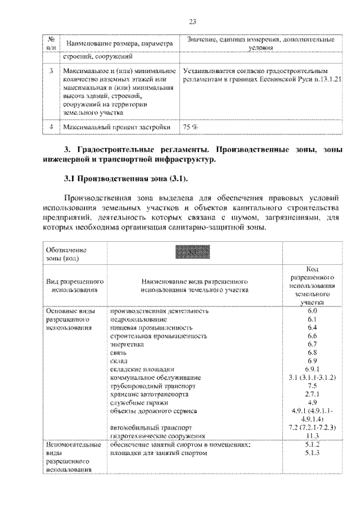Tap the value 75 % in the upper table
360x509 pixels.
click(191, 127)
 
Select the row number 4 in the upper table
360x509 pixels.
click(51, 127)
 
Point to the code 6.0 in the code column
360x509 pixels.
click(313, 310)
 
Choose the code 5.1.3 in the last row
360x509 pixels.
click(313, 452)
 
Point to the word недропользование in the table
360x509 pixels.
click(137, 319)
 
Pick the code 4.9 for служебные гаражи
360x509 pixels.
click(313, 403)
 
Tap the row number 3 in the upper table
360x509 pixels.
click(51, 71)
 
